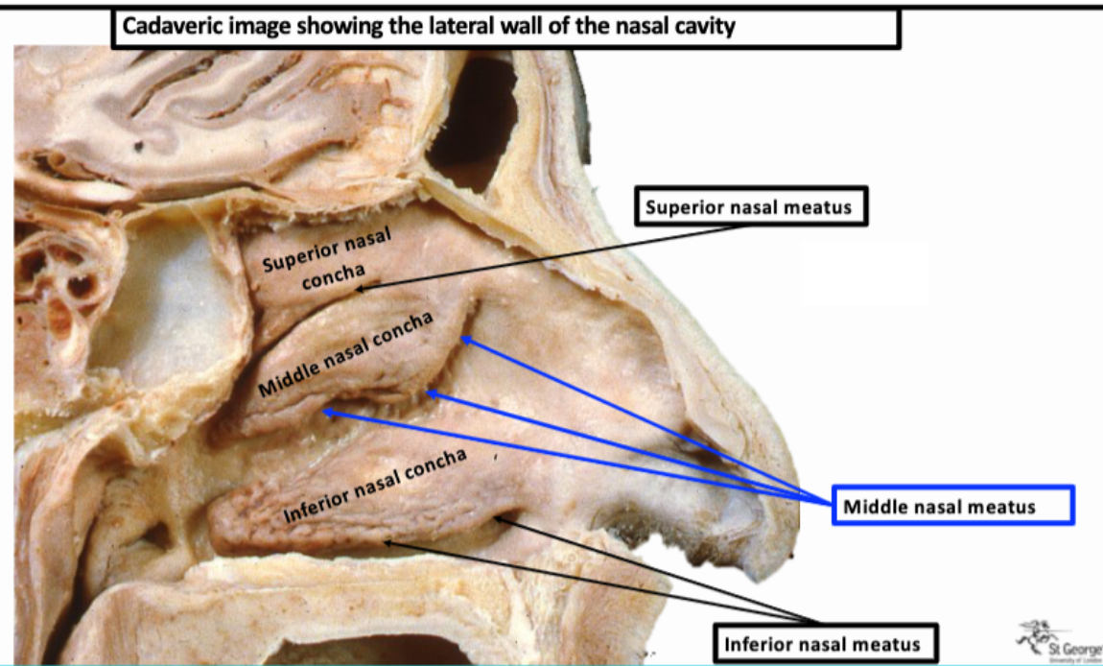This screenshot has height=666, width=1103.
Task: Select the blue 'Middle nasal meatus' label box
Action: coord(952,506)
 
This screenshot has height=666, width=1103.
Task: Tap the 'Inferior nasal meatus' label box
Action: coord(824,643)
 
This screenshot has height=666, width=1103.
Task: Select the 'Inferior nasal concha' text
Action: coord(375,486)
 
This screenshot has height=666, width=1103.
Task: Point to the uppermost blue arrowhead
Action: coord(464,339)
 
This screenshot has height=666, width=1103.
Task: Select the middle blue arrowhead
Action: coord(431,392)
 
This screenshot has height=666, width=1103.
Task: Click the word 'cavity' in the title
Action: coord(705,27)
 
